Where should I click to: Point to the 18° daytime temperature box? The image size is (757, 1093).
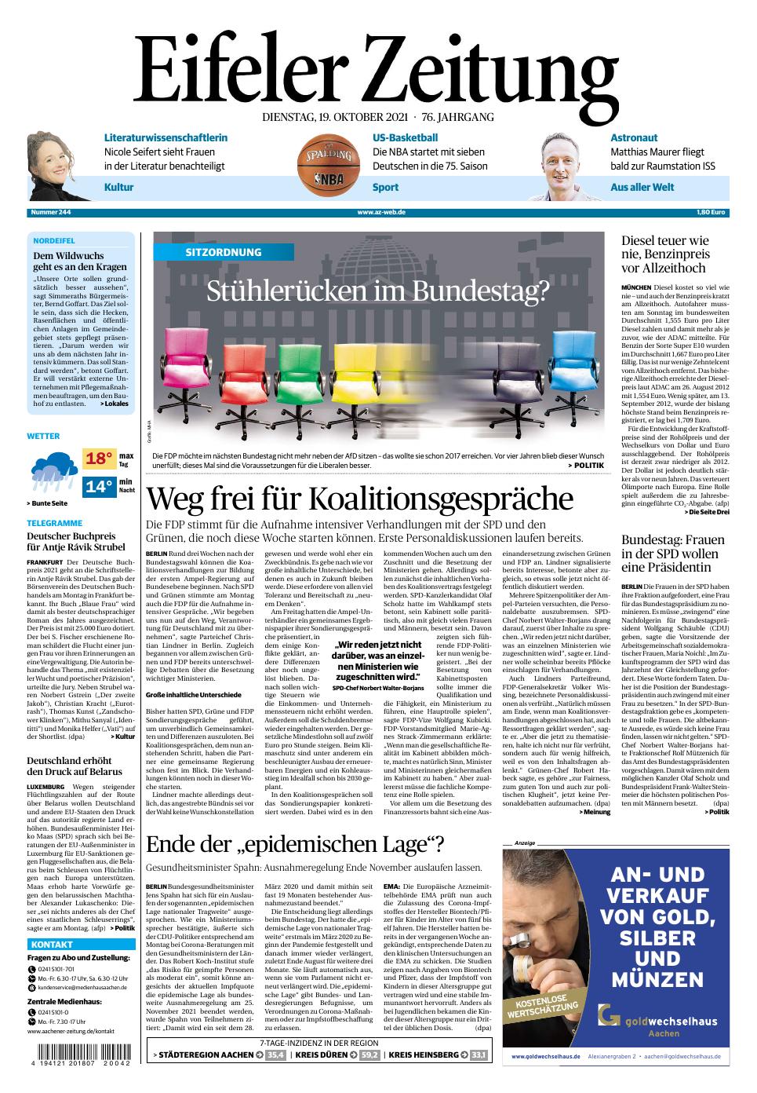100,459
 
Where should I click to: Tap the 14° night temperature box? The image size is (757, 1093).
100,486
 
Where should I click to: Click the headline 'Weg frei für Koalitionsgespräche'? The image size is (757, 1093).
359,499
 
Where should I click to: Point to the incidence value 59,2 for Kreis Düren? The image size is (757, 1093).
370,1055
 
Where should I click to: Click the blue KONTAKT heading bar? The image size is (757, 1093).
80,944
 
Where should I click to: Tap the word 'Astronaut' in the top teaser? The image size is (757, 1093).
634,137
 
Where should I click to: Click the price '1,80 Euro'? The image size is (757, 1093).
711,213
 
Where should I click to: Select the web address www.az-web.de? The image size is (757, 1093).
380,213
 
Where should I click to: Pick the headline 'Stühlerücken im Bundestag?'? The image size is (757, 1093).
378,291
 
